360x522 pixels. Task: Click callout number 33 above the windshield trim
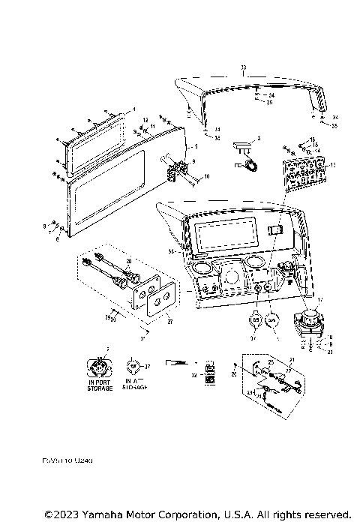(243, 68)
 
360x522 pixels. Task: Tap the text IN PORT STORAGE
(100, 385)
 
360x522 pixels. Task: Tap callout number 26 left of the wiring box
(233, 373)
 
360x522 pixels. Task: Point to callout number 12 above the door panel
(145, 121)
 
